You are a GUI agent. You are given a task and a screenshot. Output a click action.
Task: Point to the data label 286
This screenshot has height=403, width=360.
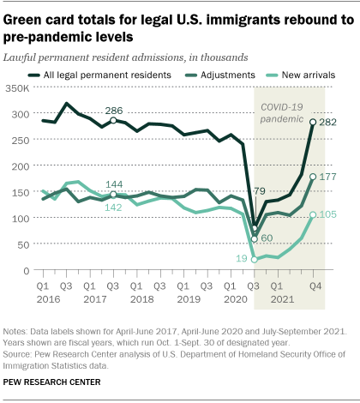pos(113,110)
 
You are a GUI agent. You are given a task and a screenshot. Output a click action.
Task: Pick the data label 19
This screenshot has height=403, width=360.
pos(240,258)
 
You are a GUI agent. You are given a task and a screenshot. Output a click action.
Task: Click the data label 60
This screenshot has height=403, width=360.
pos(268,238)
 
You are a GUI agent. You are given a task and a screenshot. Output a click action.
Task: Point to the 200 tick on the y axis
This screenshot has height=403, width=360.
pos(21,165)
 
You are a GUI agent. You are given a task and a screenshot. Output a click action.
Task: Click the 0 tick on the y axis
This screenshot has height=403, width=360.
pos(26,270)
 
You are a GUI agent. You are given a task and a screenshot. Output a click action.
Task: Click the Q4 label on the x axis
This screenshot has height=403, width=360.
pos(315,285)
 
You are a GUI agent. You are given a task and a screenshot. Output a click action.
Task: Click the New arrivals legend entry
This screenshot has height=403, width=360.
pos(310,75)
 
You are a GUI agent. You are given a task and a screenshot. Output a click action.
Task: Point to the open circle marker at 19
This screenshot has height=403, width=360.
pos(255,258)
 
